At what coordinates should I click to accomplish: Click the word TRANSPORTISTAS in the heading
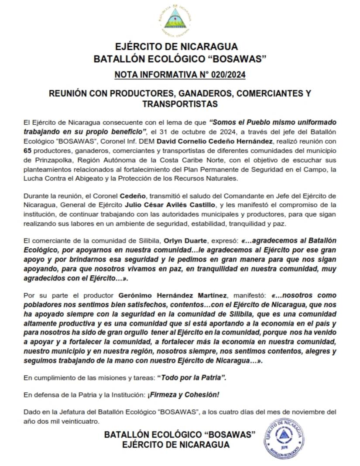[180, 104]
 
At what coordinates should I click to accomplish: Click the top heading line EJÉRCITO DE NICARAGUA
[180, 47]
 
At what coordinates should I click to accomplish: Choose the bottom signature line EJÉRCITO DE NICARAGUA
[176, 445]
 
